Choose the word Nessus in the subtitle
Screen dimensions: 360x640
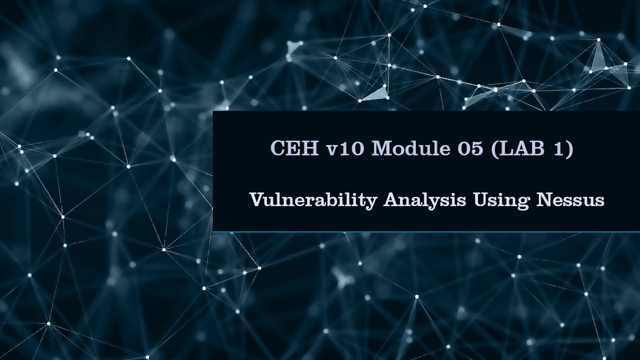click(x=570, y=200)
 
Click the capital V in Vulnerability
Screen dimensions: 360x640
click(x=255, y=200)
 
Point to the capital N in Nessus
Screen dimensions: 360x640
click(x=544, y=200)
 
